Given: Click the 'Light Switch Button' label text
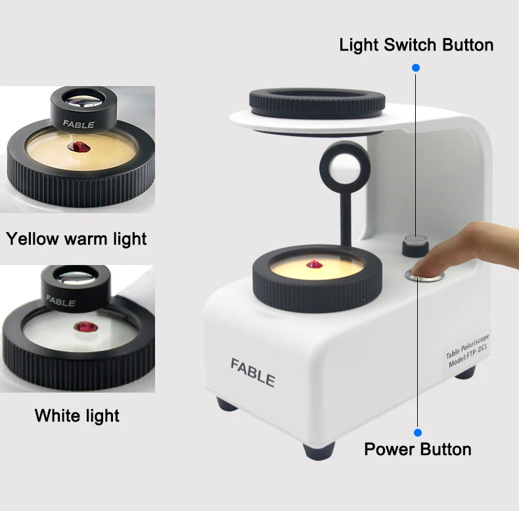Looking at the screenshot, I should click(x=416, y=45).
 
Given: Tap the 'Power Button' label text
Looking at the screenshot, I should click(x=418, y=450).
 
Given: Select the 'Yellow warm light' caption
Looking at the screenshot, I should click(x=76, y=238).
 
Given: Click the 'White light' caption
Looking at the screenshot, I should click(x=77, y=416).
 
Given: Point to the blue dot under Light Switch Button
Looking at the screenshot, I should click(x=415, y=68).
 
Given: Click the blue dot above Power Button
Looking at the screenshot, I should click(x=417, y=433).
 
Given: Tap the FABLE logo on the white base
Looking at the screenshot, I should click(x=252, y=372).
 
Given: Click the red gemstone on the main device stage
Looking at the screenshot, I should click(x=313, y=264).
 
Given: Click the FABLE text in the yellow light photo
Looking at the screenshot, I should click(x=78, y=124).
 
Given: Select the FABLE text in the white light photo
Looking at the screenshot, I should click(x=60, y=302).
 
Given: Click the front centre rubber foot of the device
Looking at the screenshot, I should click(x=319, y=451).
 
